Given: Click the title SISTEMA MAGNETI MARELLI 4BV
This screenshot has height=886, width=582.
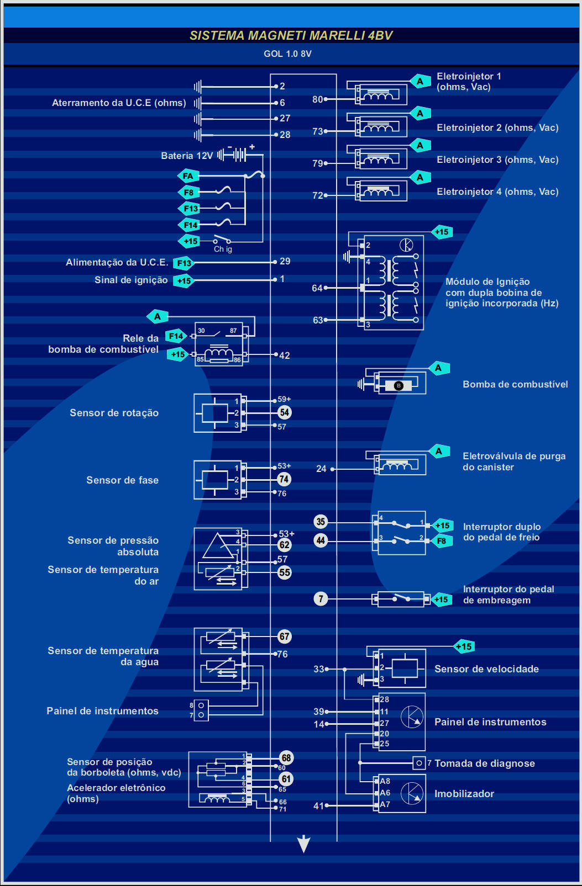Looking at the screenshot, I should [291, 36].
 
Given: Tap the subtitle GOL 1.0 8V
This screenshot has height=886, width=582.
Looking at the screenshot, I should [287, 54].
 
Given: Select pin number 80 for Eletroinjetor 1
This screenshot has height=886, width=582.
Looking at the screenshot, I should [317, 99].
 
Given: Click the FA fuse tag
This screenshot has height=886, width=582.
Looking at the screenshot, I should [188, 176].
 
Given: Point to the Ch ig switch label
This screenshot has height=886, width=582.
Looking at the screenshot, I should [223, 250].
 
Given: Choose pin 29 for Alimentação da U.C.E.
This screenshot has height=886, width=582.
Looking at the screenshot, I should [285, 262].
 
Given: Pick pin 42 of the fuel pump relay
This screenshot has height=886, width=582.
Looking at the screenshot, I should [284, 356].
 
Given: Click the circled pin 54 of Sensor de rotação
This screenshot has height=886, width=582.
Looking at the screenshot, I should [284, 412].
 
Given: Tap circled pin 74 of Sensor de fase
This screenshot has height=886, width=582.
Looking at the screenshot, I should [284, 479].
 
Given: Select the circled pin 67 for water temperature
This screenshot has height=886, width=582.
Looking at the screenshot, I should [284, 636].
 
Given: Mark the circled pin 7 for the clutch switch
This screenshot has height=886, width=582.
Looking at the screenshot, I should [321, 598].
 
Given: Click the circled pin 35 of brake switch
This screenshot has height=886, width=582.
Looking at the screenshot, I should [321, 522].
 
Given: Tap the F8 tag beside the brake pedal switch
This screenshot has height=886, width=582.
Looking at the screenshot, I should [442, 541].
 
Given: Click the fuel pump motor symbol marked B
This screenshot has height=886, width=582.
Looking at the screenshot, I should [399, 386].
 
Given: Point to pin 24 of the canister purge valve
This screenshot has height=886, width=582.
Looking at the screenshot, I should [321, 469].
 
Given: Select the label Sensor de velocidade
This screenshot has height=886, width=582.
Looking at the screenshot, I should [486, 669].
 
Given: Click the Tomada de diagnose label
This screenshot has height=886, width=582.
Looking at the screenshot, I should [484, 763].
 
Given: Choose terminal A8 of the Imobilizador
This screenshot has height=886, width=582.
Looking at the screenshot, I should [385, 781].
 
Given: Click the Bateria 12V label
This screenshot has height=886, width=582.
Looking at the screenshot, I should [187, 156].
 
